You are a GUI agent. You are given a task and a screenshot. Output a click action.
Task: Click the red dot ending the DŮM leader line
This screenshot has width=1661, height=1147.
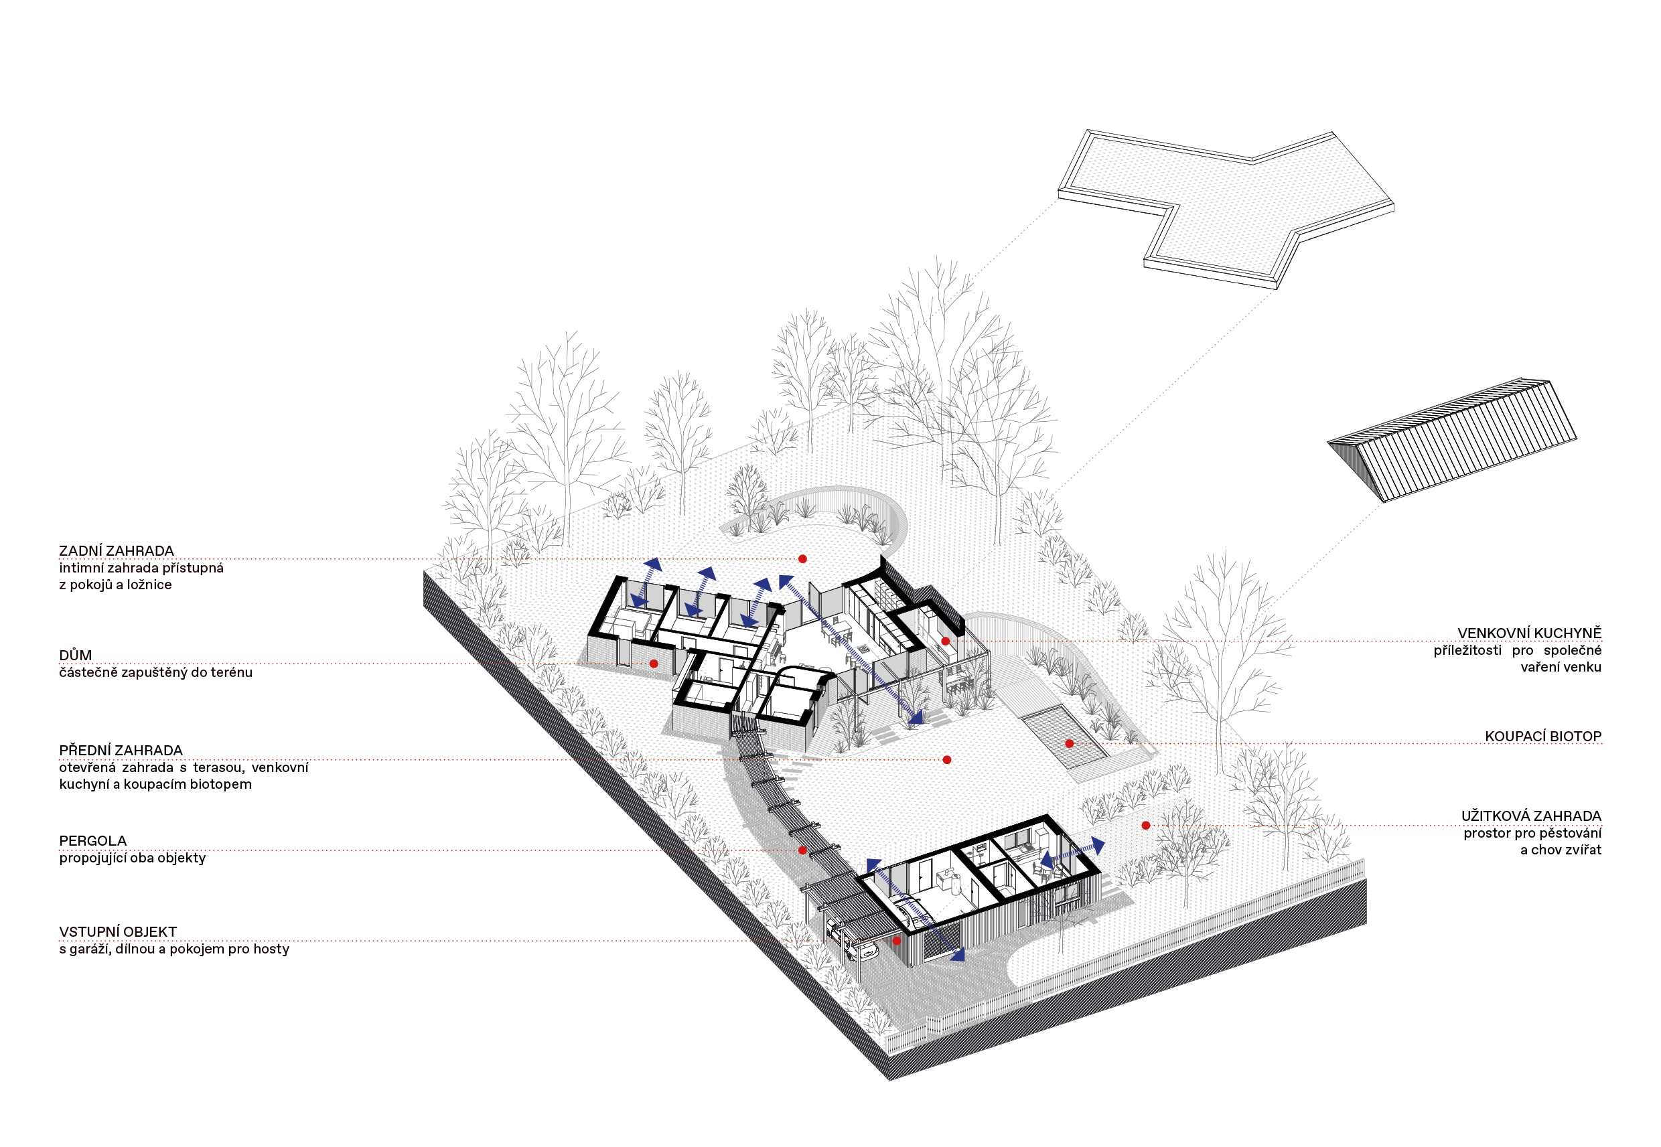click(x=653, y=664)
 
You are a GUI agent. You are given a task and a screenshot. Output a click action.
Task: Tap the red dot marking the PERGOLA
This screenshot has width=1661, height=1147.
click(x=802, y=850)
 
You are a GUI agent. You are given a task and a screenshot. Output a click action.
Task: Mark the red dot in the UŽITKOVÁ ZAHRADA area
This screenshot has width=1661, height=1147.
click(x=1146, y=826)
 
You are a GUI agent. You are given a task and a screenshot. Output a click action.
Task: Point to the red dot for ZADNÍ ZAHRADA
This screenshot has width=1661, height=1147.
click(x=803, y=559)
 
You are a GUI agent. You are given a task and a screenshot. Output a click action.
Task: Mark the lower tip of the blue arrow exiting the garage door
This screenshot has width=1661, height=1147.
click(x=964, y=958)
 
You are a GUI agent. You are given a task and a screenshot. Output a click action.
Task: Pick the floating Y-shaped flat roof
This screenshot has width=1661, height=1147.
click(x=1226, y=209)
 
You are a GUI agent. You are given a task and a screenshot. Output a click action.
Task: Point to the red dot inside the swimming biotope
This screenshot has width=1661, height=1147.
click(x=1070, y=744)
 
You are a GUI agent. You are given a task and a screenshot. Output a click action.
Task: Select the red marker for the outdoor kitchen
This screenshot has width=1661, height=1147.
click(x=946, y=641)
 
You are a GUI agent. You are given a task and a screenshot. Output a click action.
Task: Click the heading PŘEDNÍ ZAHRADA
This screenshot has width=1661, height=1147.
click(x=121, y=751)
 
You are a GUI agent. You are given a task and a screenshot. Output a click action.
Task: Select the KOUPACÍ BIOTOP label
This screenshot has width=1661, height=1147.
click(x=1543, y=736)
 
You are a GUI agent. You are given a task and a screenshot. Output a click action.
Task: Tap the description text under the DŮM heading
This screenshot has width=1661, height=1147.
click(x=156, y=673)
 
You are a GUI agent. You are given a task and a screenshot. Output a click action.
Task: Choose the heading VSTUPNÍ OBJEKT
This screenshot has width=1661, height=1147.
click(x=118, y=932)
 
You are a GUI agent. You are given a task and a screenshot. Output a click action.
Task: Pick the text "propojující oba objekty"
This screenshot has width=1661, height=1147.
click(x=132, y=858)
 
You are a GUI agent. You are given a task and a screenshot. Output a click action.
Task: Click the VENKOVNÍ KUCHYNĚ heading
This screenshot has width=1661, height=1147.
click(x=1530, y=633)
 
